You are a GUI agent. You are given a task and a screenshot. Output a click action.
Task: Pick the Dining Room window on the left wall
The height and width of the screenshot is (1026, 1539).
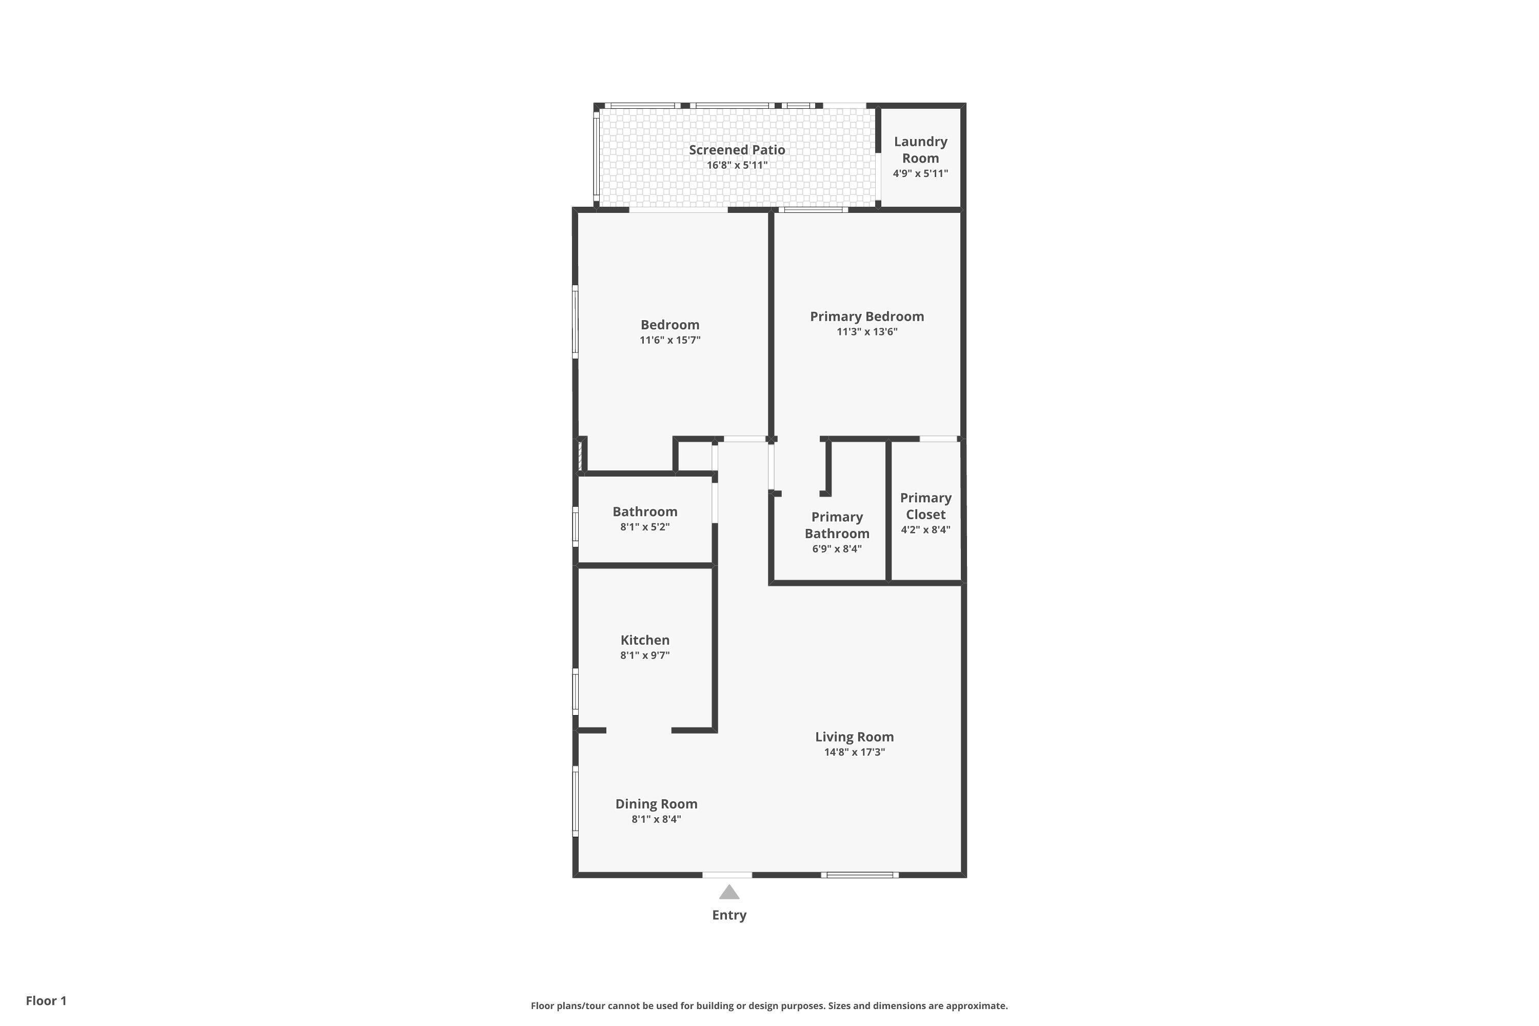point(576,801)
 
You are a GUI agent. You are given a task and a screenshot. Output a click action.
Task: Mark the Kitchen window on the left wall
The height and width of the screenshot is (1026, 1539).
point(576,692)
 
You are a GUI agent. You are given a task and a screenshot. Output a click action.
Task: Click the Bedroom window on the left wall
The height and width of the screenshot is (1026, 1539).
point(576,322)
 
